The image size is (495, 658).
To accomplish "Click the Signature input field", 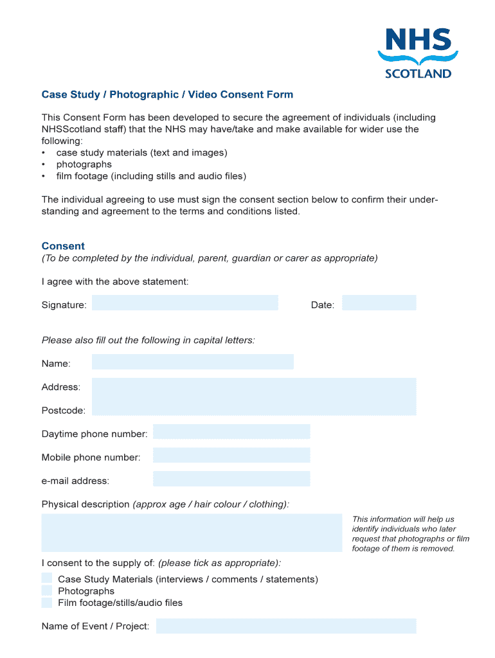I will click(x=184, y=303).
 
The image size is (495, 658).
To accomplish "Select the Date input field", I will click(x=379, y=303).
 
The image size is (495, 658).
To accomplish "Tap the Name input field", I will click(x=192, y=362).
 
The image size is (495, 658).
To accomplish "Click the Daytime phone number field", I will click(x=231, y=432).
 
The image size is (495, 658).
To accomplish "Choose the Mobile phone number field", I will click(x=231, y=456).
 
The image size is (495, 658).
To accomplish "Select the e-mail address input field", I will click(x=231, y=479).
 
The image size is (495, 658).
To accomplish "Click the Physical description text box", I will click(x=192, y=533).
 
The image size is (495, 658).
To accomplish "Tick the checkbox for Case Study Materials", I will click(x=47, y=578).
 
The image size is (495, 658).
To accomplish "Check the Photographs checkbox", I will click(x=47, y=591).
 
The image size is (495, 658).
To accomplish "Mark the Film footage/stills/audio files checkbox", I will click(x=47, y=603).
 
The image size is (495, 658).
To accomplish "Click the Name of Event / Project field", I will click(x=286, y=626).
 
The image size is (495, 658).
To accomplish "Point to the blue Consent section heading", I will click(x=63, y=246).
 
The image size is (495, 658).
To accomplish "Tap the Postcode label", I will click(x=63, y=411).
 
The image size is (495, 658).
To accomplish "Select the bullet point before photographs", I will click(x=43, y=164).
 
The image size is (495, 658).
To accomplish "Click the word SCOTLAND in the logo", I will click(x=418, y=73).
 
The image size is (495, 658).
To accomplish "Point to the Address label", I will click(x=61, y=387).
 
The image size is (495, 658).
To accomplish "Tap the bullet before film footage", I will click(x=43, y=176).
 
